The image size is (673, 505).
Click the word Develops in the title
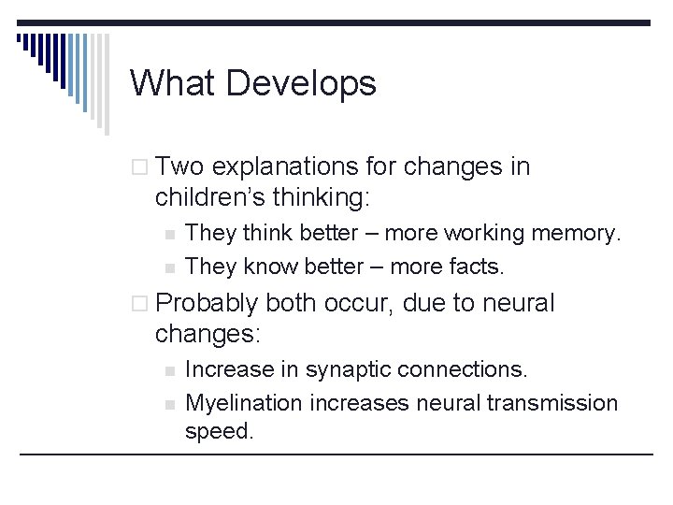coord(301,83)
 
